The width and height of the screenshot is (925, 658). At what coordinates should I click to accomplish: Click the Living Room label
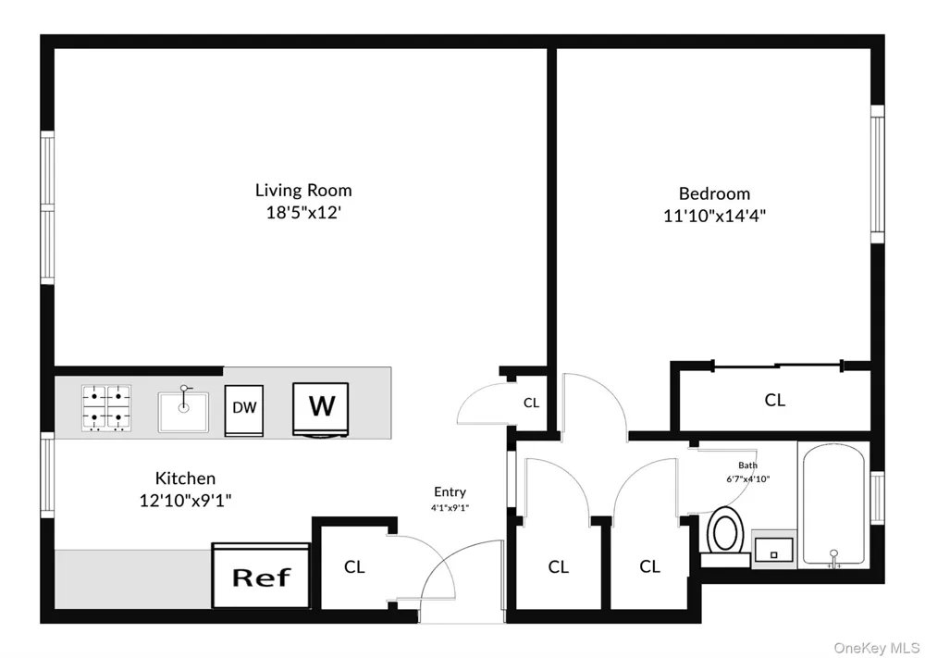point(303,190)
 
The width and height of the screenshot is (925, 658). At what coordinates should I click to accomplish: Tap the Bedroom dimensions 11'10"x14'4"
point(714,216)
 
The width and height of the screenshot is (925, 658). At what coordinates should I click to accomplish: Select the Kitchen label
point(185,478)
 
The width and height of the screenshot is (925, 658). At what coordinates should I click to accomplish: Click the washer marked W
point(321,409)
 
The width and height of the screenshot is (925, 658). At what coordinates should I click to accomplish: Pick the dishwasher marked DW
point(243,411)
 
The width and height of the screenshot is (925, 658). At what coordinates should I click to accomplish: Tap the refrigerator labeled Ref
point(261,576)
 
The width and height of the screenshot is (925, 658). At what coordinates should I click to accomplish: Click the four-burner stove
point(106,408)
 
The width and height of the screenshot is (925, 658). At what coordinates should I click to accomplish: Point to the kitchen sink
point(183,411)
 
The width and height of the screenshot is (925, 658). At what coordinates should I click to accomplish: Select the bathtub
point(833,507)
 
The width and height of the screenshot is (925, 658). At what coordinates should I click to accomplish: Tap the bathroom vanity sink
point(773,550)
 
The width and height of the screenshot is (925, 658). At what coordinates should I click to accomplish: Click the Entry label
point(450,491)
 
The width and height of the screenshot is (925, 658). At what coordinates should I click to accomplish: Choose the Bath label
point(747,466)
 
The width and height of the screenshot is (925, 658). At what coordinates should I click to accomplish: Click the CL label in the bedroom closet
point(774,400)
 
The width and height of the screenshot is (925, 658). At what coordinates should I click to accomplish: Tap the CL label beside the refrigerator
point(354,567)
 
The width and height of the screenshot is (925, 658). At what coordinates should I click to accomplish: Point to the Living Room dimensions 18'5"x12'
point(303,213)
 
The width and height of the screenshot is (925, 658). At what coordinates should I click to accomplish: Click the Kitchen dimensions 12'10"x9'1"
point(185,501)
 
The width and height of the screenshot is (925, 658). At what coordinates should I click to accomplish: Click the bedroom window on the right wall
point(878,174)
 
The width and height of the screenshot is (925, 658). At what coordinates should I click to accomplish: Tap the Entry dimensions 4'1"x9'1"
point(450,507)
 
